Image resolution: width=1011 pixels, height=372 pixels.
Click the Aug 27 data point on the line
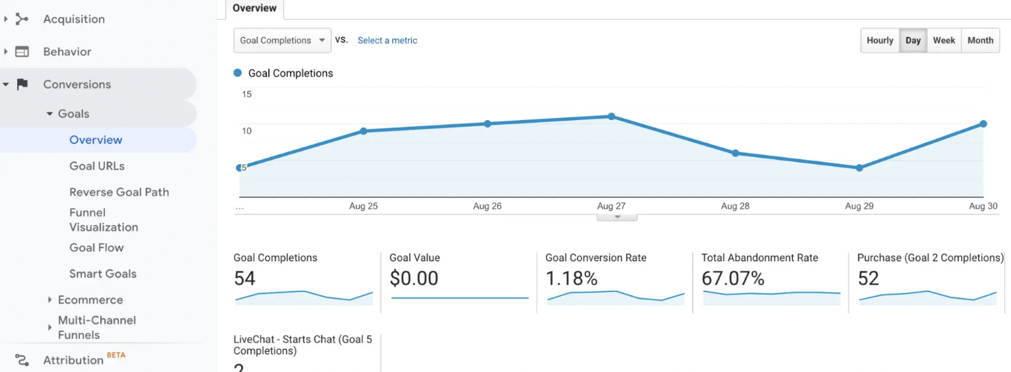611,116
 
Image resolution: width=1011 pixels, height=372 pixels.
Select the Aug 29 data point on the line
859,168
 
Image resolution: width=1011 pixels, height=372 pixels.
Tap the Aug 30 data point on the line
983,124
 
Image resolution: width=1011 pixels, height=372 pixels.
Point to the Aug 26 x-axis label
487,206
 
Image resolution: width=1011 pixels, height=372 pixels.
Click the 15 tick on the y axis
247,94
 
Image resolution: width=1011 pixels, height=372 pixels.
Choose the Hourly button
880,40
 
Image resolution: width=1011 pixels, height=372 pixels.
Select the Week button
944,40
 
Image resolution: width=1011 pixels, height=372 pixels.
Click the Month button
980,40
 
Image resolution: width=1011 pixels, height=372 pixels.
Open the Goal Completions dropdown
282,40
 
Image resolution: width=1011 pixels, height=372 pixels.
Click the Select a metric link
387,40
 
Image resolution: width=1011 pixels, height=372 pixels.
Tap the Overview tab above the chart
255,9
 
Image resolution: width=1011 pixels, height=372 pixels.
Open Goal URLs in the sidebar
97,166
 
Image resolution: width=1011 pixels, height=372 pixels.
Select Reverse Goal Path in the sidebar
119,192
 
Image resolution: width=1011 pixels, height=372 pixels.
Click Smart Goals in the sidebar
103,274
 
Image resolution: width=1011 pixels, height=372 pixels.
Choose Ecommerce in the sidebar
90,299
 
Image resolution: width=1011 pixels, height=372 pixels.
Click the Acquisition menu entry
74,19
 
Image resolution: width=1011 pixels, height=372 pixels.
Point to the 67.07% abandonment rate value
733,279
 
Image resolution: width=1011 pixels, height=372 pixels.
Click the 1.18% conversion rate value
571,279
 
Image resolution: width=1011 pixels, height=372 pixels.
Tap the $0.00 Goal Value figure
414,279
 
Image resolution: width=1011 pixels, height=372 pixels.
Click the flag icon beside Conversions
22,84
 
